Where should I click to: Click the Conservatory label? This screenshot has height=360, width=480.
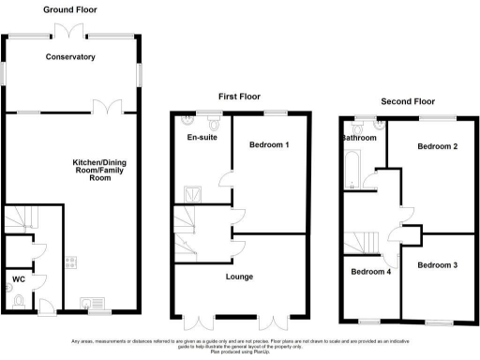71,57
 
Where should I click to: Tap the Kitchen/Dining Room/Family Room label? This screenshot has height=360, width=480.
100,170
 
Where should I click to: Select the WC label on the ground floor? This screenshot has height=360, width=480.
18,278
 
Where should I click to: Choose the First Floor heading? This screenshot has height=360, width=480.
239,96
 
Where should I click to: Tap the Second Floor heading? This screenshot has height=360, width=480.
408,100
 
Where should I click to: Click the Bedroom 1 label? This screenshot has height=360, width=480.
268,145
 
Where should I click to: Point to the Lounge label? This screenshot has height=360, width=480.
239,277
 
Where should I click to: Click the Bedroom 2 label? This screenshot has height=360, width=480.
438,147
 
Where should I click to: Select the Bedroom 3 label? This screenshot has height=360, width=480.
438,265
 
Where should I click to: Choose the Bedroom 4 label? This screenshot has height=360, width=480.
370,272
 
